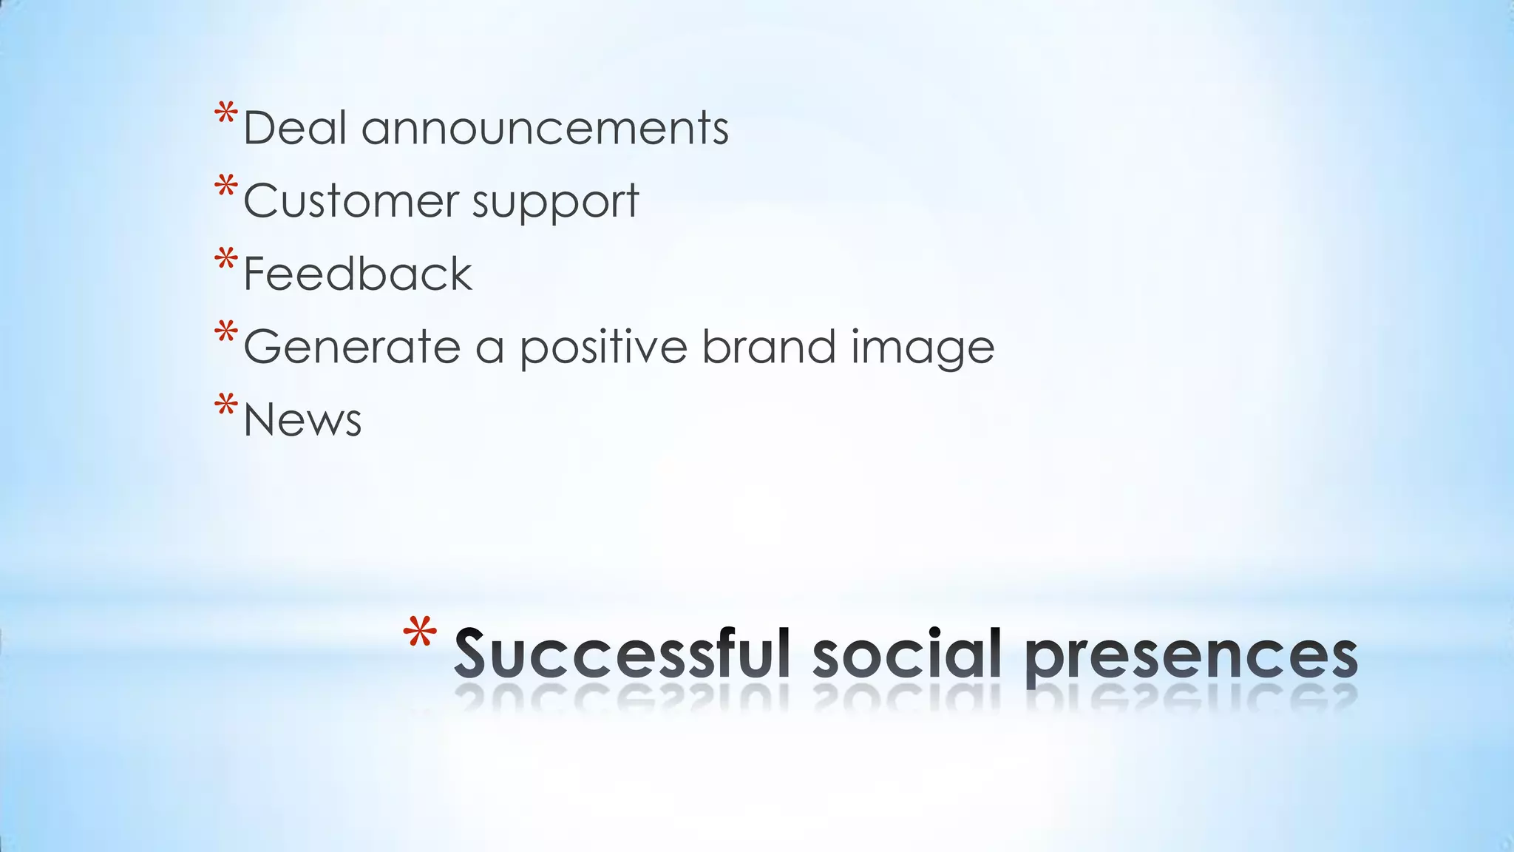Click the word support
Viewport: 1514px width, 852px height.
point(555,202)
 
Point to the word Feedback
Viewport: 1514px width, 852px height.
point(357,274)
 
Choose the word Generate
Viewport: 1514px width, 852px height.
point(352,347)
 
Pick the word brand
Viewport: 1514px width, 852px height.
point(769,347)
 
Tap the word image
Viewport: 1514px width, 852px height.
point(923,347)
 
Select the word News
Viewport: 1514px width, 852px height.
point(302,419)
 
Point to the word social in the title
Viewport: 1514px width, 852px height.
point(908,654)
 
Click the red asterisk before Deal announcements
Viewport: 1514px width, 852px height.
point(226,115)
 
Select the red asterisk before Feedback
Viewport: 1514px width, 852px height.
point(226,260)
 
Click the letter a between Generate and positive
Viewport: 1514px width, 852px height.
point(489,348)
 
